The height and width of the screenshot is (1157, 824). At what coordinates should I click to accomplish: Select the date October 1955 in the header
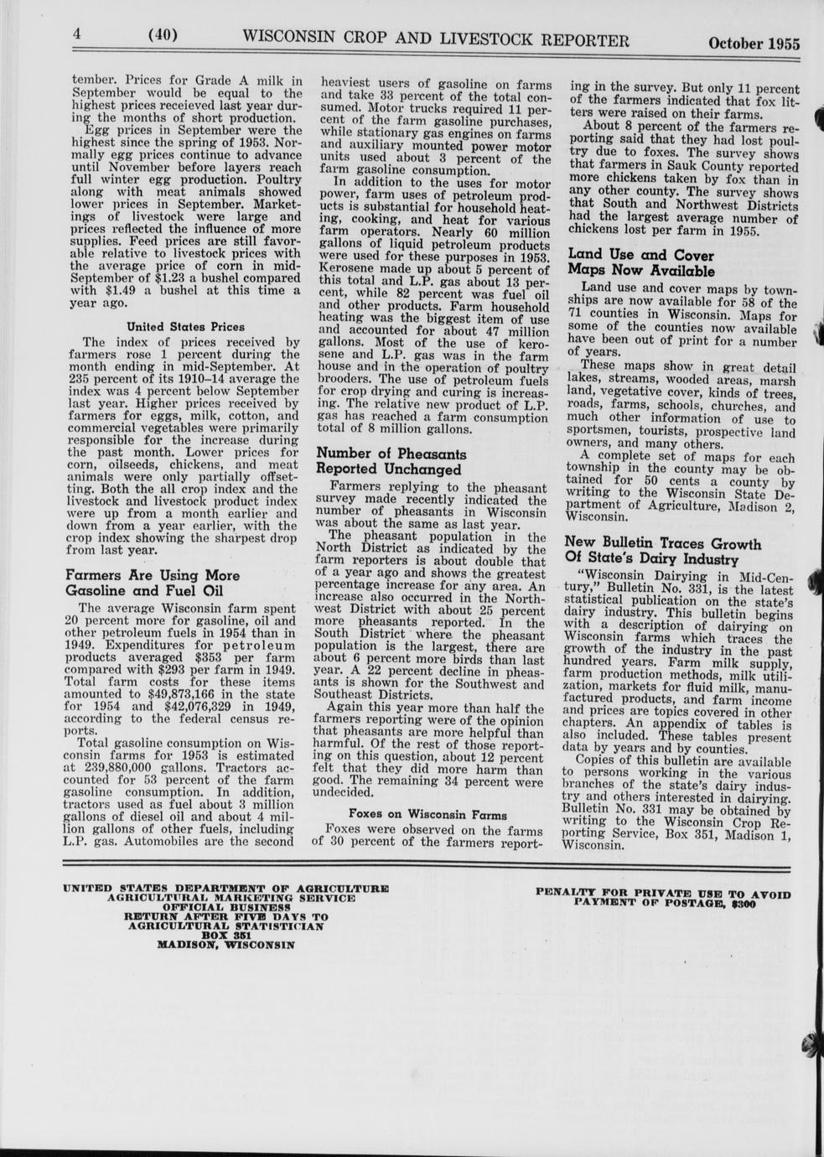point(754,44)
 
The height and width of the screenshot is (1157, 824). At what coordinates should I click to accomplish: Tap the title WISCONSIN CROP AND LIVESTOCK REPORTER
point(435,39)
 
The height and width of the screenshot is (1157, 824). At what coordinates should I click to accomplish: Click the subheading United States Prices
point(185,326)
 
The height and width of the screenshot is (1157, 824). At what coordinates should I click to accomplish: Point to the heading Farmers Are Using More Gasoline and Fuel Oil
point(153,583)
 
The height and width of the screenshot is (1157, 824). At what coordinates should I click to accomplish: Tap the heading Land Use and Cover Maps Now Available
point(641,262)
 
